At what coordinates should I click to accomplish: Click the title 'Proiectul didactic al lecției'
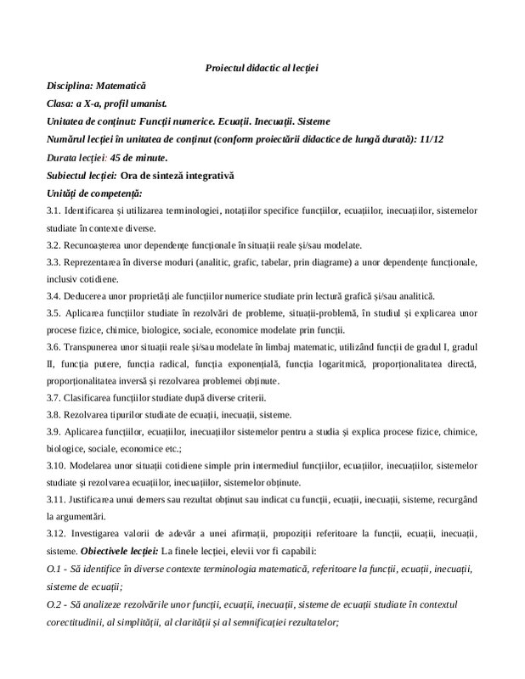(x=262, y=66)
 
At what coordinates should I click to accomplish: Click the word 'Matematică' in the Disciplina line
(x=121, y=86)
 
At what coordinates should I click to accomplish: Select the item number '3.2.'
(x=56, y=245)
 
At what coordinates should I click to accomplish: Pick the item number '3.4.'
(x=56, y=296)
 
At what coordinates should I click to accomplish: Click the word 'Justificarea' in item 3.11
(x=100, y=499)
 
